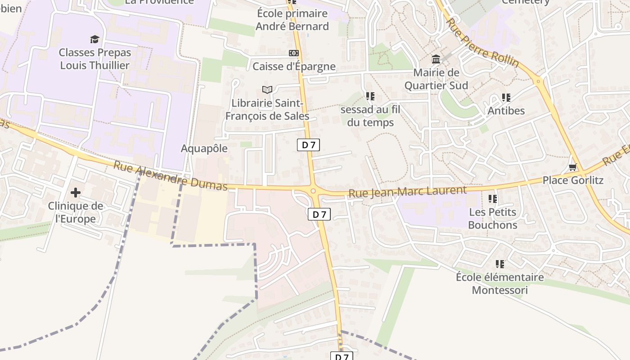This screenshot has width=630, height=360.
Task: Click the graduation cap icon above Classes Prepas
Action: [x=94, y=39]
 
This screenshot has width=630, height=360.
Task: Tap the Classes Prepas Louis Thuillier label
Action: [x=95, y=59]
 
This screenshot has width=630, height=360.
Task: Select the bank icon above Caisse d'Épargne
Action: [x=294, y=53]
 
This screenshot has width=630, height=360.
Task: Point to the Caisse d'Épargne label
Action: [x=294, y=67]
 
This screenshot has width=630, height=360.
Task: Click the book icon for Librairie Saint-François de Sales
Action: [x=267, y=90]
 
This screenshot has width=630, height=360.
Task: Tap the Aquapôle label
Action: [x=204, y=148]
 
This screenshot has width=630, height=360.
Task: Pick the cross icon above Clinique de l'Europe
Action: [x=75, y=193]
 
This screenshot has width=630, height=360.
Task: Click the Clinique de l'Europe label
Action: [x=75, y=212]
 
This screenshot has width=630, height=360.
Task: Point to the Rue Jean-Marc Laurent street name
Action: [x=407, y=192]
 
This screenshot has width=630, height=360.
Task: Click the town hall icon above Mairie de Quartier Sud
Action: [x=436, y=59]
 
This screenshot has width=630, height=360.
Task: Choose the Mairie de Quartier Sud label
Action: [x=436, y=79]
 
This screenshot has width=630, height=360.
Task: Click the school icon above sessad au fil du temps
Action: [x=370, y=96]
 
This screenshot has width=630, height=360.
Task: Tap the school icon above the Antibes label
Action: [x=506, y=97]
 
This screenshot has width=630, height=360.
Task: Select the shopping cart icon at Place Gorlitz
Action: [x=572, y=167]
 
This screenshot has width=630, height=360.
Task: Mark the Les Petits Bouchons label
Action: [x=492, y=218]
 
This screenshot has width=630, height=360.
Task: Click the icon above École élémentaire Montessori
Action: [x=499, y=264]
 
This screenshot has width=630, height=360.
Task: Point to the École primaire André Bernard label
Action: [x=292, y=20]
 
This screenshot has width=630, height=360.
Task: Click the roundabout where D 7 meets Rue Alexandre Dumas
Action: [x=314, y=191]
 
